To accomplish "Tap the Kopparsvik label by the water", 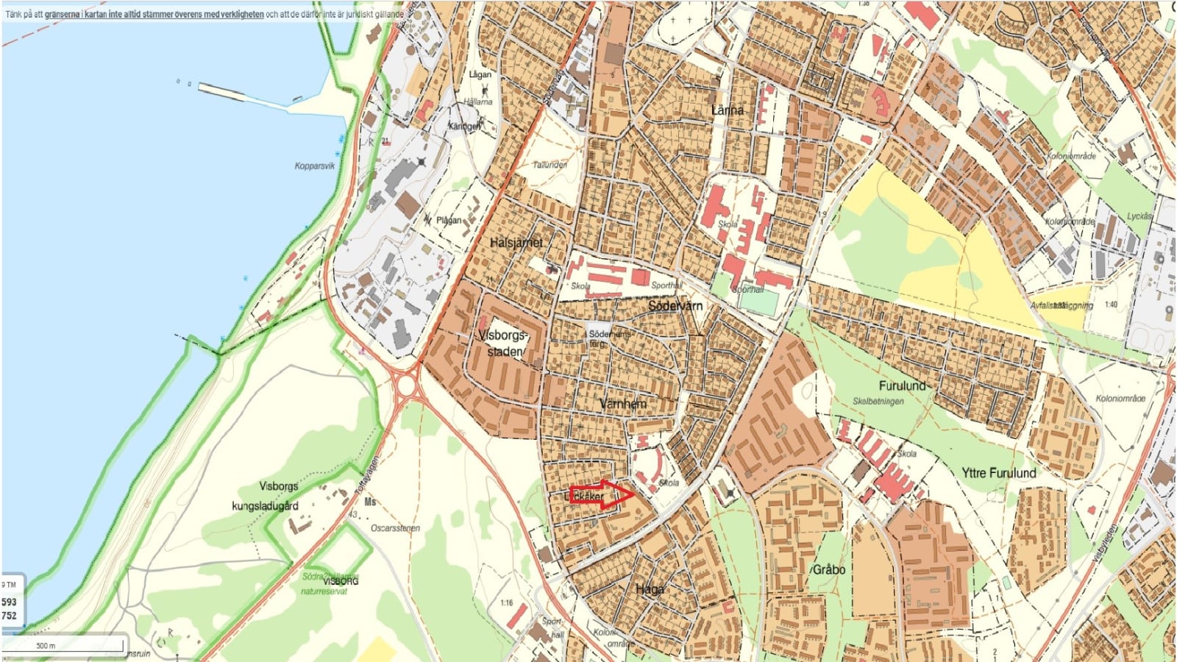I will point(314,166).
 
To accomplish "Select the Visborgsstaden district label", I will point(503,343).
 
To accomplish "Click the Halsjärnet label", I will point(516,243).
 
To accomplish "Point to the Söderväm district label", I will point(675,305).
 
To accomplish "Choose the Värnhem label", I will point(622,404).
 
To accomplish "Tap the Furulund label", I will point(902,386).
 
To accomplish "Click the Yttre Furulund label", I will point(998,473).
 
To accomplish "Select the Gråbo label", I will point(828,570).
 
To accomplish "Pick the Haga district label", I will point(650,589).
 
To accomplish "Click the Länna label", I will point(727,110).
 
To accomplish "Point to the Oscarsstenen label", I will point(395,528).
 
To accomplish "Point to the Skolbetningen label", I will point(878,402).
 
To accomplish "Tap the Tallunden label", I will point(550,165).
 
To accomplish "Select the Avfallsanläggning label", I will point(1062,305).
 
